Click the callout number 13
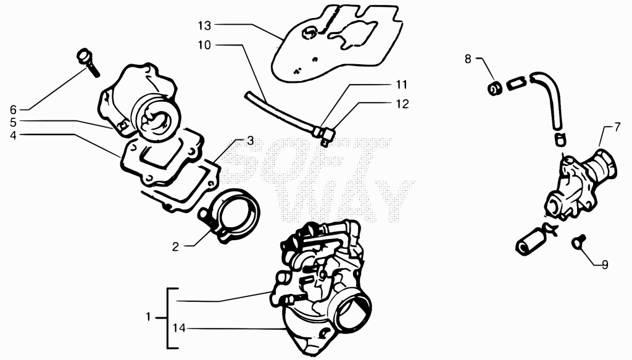(x=204, y=26)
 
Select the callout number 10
(x=204, y=45)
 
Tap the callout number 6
(x=14, y=110)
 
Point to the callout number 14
(x=180, y=329)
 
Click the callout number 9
(x=605, y=265)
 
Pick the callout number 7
(x=617, y=127)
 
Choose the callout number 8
(x=468, y=59)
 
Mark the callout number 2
(x=175, y=247)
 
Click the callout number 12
(x=402, y=104)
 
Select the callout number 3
(x=251, y=141)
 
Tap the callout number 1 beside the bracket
(x=148, y=317)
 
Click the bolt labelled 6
(x=88, y=63)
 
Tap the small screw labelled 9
(x=578, y=243)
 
